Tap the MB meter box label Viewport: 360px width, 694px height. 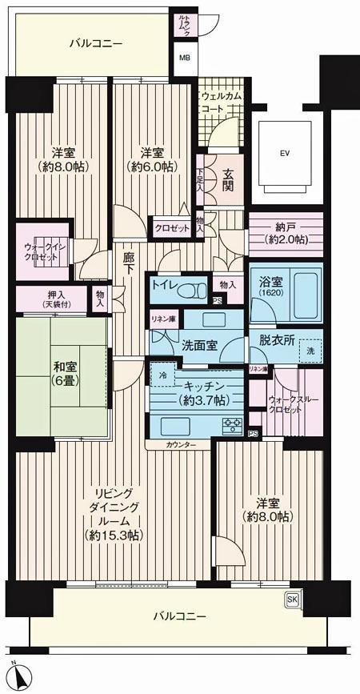(184, 58)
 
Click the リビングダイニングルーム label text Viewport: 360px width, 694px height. (117, 512)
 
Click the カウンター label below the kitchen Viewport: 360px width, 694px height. (182, 443)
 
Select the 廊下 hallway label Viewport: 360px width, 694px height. (129, 264)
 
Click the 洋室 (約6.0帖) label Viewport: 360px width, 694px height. (152, 160)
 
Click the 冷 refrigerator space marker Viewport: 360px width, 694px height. (163, 375)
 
